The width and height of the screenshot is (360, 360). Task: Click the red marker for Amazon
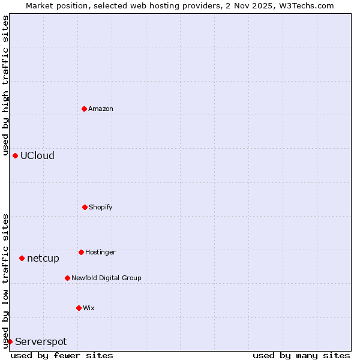click(x=84, y=109)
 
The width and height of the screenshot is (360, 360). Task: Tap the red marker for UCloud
click(x=15, y=155)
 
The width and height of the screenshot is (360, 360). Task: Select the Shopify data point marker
click(x=85, y=207)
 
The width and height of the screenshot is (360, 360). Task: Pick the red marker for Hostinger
click(x=81, y=252)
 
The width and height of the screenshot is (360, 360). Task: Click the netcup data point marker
click(x=22, y=258)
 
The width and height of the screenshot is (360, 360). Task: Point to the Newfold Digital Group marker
click(x=67, y=278)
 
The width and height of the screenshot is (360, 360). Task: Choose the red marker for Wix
click(x=79, y=308)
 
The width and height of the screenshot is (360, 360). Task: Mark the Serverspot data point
click(x=10, y=341)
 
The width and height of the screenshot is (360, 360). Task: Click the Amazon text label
click(x=101, y=109)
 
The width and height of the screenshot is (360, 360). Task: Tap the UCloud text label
click(x=37, y=156)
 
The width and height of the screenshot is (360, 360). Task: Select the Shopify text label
click(x=101, y=208)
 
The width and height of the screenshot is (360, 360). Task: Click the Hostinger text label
click(x=100, y=253)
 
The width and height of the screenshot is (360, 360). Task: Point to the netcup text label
click(x=43, y=259)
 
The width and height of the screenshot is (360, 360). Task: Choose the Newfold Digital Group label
click(x=106, y=278)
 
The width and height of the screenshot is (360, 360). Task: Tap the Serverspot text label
click(x=41, y=342)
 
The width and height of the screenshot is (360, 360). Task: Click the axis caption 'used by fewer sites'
click(x=62, y=355)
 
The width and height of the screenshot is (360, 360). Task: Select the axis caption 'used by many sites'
click(x=301, y=355)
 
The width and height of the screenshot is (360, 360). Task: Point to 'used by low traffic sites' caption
click(x=5, y=281)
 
